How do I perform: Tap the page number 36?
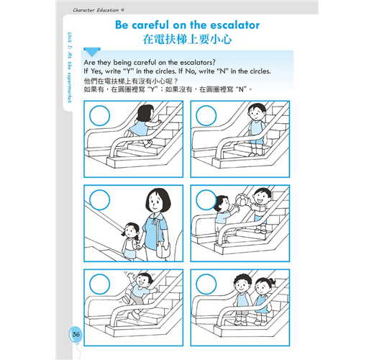coord(76,334)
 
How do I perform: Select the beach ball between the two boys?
coord(242,200)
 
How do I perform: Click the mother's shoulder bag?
coord(163,250)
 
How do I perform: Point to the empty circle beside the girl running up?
coord(99,115)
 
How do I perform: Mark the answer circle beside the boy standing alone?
coord(206,115)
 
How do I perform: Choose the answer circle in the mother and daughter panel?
coord(99,199)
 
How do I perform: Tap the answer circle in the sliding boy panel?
coord(99,284)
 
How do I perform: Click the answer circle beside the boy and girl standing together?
coord(206,284)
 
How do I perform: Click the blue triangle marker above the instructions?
coord(92,52)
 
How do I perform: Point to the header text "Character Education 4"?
coord(99,10)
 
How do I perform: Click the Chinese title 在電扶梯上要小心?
coord(187,39)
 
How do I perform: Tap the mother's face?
coord(155,203)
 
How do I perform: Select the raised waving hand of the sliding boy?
coord(131,276)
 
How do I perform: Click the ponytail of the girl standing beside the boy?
coord(272,282)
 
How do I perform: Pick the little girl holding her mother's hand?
coord(131,241)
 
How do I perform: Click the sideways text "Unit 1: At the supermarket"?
coord(69,68)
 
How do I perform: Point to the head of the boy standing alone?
coord(257,112)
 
